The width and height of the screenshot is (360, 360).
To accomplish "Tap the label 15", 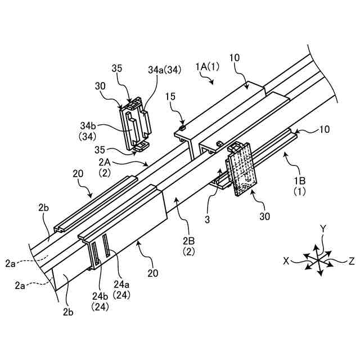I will [171, 97].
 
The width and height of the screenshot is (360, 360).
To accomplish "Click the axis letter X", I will [286, 262].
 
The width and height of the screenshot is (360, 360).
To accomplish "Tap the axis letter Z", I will [351, 261].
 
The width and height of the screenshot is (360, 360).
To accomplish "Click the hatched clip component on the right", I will [240, 169].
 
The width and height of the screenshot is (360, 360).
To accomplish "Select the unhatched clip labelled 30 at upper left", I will [135, 125].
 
